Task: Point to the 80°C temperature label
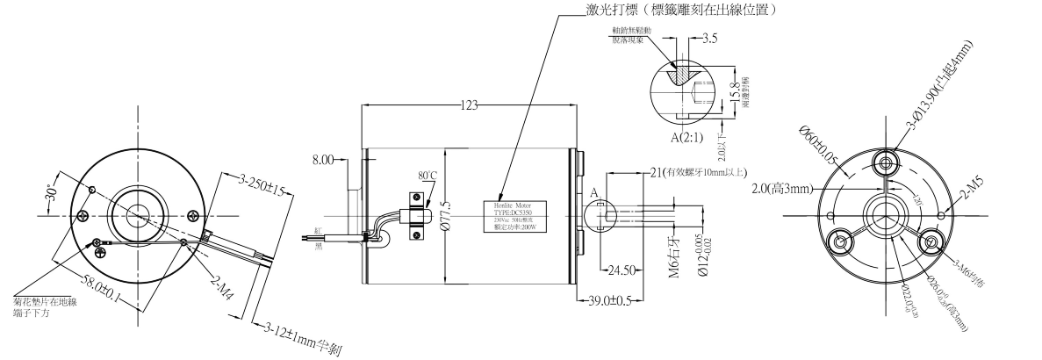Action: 428,175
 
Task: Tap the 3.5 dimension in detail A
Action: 711,40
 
